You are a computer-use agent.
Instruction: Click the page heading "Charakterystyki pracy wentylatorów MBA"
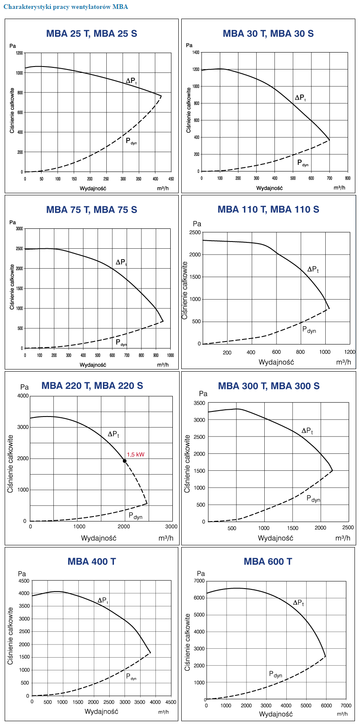(66, 7)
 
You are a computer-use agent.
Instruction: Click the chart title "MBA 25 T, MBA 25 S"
(91, 34)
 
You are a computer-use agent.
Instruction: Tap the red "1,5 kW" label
(136, 455)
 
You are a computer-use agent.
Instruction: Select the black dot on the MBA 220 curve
(125, 461)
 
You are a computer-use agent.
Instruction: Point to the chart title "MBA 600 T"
(268, 561)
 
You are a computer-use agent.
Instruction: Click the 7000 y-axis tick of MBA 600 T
(199, 581)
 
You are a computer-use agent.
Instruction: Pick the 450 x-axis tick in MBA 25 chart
(171, 179)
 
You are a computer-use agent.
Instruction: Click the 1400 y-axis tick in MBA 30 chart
(195, 53)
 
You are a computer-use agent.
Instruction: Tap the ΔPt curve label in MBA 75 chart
(121, 262)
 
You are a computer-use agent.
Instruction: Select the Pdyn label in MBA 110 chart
(309, 330)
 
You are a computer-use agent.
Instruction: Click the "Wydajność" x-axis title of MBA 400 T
(101, 711)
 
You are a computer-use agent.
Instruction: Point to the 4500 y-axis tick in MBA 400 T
(24, 581)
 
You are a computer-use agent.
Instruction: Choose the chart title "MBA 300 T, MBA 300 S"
(269, 386)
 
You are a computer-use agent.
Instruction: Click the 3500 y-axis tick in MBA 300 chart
(199, 403)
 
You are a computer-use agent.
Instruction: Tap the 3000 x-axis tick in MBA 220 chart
(171, 527)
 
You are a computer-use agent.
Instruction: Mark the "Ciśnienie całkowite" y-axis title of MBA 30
(188, 110)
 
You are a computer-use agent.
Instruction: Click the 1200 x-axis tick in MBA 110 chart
(349, 352)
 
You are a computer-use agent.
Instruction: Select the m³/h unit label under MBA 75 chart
(163, 365)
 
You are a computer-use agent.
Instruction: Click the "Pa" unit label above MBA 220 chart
(25, 387)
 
